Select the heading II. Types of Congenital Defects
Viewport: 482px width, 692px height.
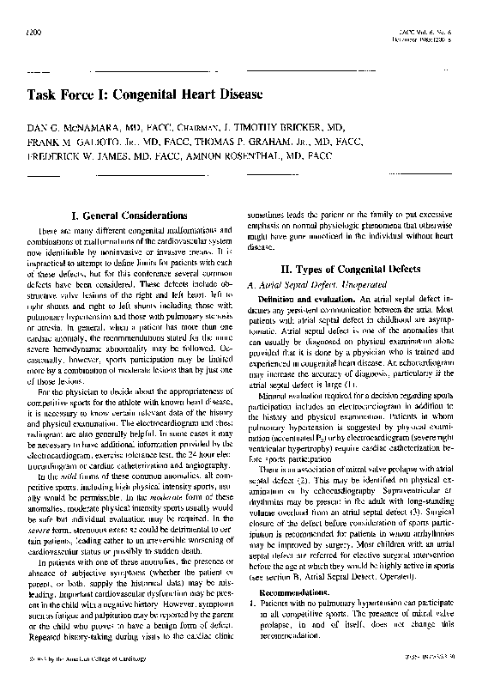pyautogui.click(x=357, y=269)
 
